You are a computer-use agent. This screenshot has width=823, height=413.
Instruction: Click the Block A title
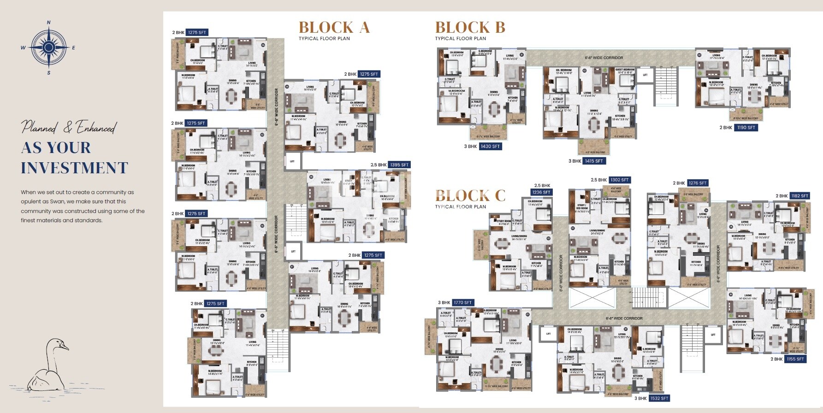click(x=334, y=27)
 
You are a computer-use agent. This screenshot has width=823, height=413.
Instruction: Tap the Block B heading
click(x=470, y=27)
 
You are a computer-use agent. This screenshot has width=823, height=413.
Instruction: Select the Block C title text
click(x=470, y=195)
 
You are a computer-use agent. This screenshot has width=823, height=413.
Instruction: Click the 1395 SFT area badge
click(x=399, y=165)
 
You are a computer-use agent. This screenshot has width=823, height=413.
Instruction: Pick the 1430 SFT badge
click(x=490, y=146)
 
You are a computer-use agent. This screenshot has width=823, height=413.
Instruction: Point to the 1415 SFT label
click(x=593, y=161)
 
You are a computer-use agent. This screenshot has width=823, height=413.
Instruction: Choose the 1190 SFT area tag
click(x=746, y=127)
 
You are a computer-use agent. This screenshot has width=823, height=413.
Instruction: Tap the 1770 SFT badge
click(x=462, y=302)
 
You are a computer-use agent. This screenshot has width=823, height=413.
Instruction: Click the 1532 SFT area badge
click(x=659, y=398)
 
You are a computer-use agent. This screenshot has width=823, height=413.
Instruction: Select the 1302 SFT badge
click(x=619, y=180)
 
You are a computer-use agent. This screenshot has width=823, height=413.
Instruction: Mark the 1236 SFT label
click(x=541, y=192)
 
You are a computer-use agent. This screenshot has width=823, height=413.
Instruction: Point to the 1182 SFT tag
click(x=799, y=195)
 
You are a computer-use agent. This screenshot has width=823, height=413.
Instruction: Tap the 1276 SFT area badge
click(x=697, y=183)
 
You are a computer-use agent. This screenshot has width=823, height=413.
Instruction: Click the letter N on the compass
click(x=49, y=22)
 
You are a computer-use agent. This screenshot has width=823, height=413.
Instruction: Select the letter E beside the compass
click(x=74, y=47)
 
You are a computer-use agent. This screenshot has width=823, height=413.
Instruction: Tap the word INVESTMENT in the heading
click(x=74, y=168)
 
